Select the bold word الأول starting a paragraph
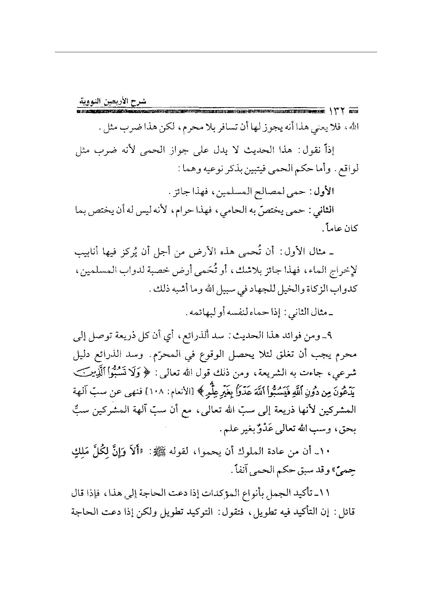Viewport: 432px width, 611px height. tap(323, 192)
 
